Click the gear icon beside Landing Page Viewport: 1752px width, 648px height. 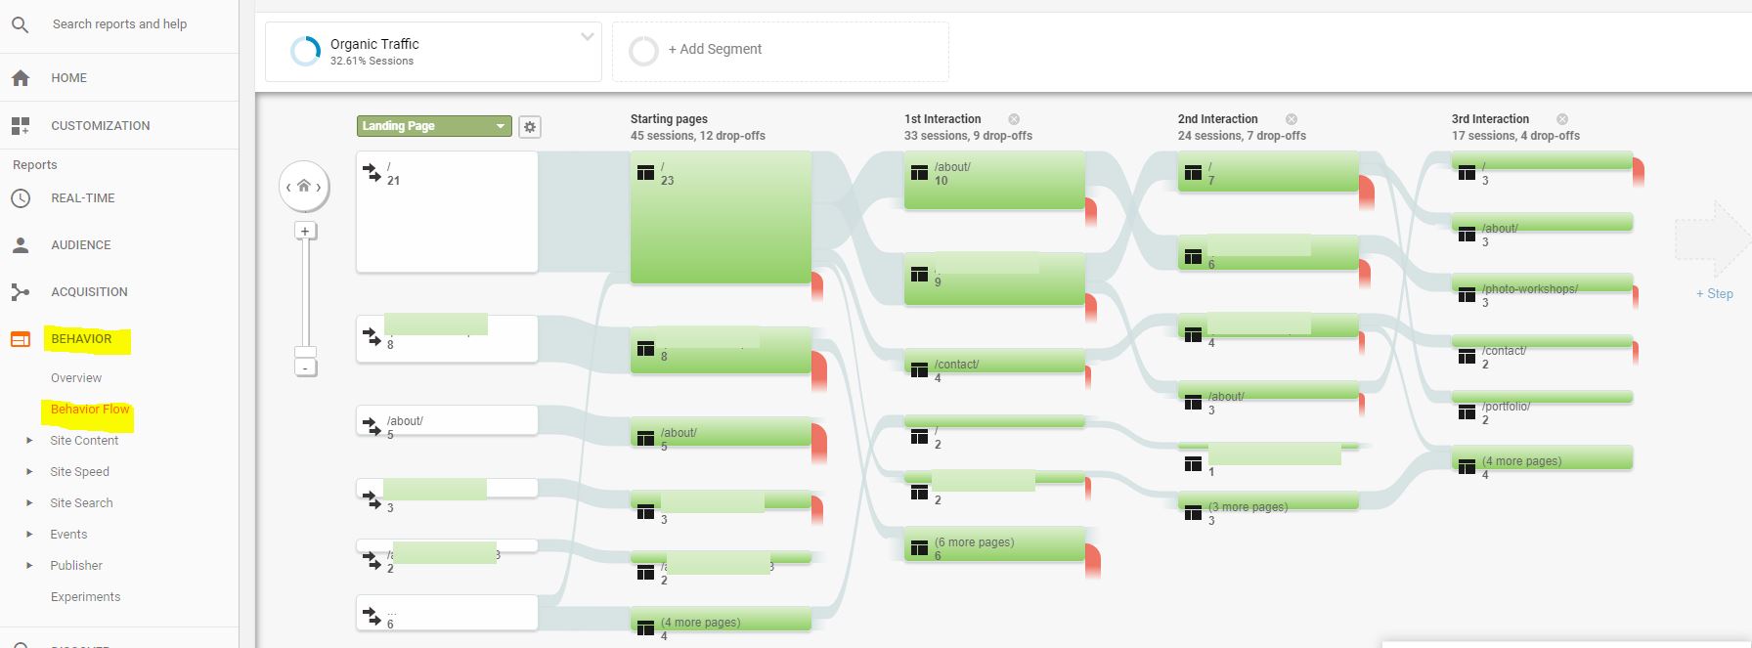530,127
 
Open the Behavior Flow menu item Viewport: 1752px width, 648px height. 90,410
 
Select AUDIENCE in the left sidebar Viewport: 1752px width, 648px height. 80,245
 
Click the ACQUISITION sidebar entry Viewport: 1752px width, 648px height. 89,292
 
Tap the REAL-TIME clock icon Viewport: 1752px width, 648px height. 21,198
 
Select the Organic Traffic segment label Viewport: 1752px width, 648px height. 374,44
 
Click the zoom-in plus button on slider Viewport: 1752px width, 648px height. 305,232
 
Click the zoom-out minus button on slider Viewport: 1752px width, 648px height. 305,368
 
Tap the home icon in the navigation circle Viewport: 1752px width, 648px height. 304,187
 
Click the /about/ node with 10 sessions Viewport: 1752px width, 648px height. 993,178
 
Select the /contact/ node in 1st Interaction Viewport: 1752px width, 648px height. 993,363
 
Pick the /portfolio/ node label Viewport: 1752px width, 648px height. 1506,407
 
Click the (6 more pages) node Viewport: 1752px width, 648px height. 993,543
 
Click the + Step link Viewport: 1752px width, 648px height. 1714,294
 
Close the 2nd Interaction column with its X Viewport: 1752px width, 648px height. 1292,119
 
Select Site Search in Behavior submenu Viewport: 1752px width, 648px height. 81,503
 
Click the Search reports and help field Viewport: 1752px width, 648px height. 119,24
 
